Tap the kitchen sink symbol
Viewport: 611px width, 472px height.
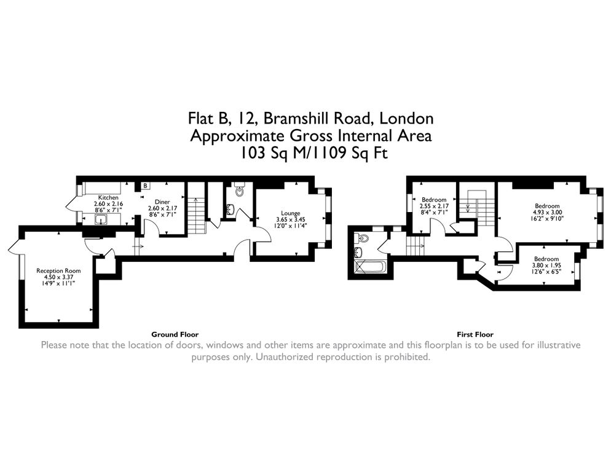click(x=100, y=219)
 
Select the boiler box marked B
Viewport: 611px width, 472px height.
click(x=146, y=186)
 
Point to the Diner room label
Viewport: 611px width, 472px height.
click(x=162, y=202)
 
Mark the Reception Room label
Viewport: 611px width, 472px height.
click(x=58, y=270)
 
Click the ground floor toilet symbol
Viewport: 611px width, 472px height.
click(x=239, y=191)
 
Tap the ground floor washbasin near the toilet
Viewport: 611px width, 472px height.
click(x=229, y=210)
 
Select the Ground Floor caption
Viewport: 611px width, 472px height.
click(x=175, y=334)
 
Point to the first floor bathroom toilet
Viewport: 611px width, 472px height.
click(x=363, y=239)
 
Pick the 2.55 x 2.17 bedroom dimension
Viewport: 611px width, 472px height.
click(x=434, y=206)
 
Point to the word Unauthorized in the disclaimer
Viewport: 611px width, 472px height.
click(x=286, y=356)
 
